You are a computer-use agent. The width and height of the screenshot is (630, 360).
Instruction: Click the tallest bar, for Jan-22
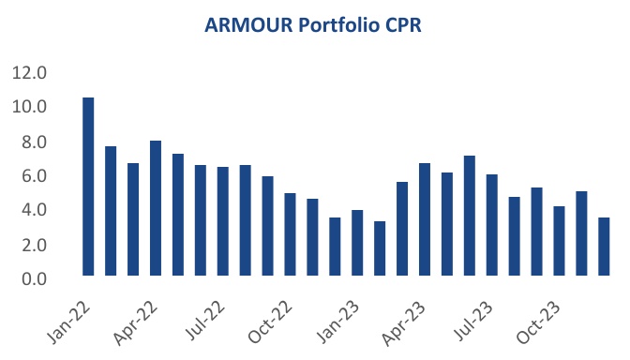click(88, 187)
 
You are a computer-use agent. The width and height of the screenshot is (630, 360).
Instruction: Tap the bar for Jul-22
click(223, 221)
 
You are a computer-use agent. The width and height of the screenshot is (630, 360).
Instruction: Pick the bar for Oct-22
click(291, 234)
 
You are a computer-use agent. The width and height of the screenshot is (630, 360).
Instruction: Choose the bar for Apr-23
click(425, 219)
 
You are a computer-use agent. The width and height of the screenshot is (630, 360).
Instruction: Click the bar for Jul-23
click(492, 225)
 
